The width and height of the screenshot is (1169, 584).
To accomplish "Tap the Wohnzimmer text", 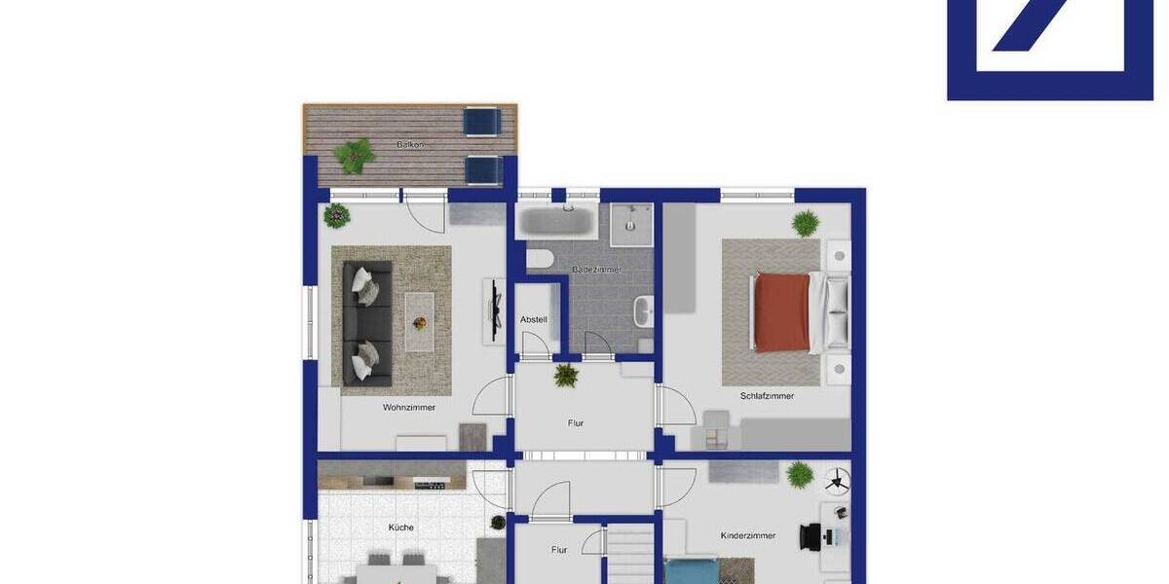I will [x=409, y=408].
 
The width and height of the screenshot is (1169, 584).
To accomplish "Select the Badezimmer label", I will [x=596, y=269].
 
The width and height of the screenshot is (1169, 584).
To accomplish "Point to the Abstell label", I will [x=534, y=319].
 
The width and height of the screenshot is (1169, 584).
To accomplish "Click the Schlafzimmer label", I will [x=767, y=396].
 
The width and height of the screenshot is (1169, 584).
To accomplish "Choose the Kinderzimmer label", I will [x=748, y=535].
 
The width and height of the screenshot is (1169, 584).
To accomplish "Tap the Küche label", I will [x=401, y=528].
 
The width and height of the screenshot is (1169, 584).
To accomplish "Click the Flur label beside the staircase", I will [x=559, y=550].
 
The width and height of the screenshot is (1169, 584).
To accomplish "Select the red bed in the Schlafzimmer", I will [x=782, y=311].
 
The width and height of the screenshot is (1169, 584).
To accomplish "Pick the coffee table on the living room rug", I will [x=420, y=321].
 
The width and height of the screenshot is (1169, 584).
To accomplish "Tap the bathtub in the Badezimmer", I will [x=555, y=221].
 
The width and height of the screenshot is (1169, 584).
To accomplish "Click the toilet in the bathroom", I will [x=540, y=259].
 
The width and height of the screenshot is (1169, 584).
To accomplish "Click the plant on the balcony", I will [x=354, y=154].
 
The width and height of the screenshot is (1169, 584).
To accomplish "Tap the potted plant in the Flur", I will [x=566, y=375].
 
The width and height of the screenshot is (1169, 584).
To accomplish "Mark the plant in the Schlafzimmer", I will [x=806, y=224].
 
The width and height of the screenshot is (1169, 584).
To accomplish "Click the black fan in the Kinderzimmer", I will [x=837, y=479].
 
